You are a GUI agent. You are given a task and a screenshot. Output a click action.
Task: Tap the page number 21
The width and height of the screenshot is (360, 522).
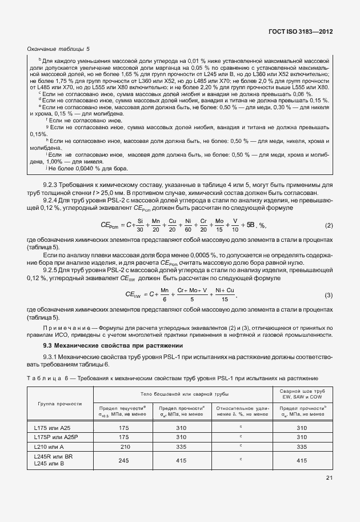pos(329,478)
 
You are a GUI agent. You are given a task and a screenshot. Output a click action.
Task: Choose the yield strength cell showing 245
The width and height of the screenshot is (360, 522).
pos(124,459)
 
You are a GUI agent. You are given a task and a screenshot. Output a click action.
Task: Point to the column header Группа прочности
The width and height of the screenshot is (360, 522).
pos(60,404)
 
